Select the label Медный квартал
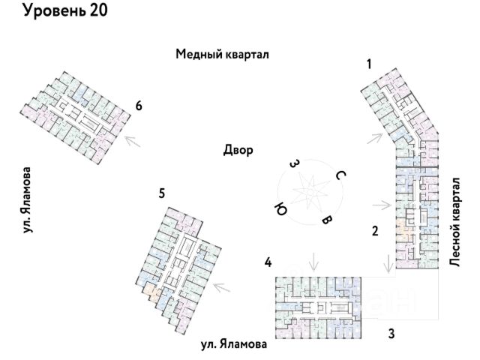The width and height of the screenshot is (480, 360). coord(222,54)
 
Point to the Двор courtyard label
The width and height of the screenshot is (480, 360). coord(238,150)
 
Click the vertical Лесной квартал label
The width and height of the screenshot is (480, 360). coord(454,222)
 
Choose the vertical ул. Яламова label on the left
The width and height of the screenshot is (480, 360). coord(27,200)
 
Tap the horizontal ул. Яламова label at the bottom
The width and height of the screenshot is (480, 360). coord(234,344)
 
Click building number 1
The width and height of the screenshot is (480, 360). coord(369,64)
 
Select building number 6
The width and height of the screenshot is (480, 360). coord(139,106)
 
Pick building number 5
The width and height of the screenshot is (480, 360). coord(162,193)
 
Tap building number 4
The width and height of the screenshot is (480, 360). coord(268,262)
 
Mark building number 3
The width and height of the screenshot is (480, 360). coord(391,333)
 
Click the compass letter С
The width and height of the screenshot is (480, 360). coord(340,175)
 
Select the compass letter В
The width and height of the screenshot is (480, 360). coord(327,220)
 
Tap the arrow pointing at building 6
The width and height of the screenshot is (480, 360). coord(133,141)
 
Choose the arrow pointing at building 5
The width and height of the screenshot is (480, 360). coord(222,287)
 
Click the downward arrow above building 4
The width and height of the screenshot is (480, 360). coord(313,262)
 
